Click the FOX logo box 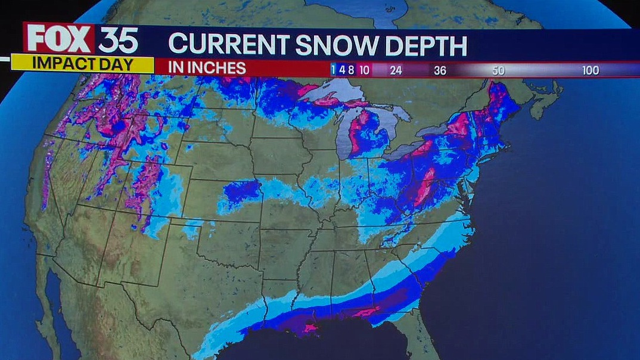[x=59, y=39]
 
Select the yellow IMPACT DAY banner [x=82, y=64]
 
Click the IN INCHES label [x=207, y=68]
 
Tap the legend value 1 [x=333, y=70]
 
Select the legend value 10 [x=364, y=70]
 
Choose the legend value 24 [x=396, y=70]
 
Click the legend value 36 [x=440, y=70]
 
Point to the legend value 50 [x=498, y=70]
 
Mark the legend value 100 [x=590, y=70]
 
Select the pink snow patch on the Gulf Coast [x=310, y=327]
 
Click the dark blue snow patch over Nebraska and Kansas [x=242, y=192]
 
